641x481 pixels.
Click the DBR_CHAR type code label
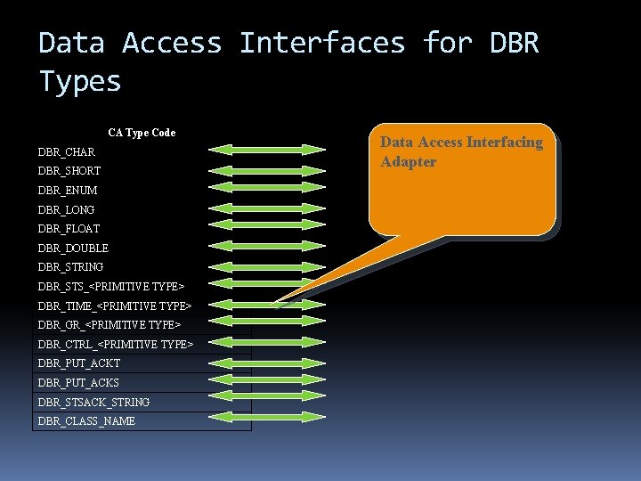(67, 152)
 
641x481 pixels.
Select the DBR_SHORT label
(69, 171)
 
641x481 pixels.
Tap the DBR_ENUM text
(68, 191)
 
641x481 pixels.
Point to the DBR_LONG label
(67, 210)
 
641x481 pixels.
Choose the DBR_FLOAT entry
(69, 229)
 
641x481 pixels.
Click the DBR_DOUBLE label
(73, 249)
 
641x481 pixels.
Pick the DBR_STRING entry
(71, 267)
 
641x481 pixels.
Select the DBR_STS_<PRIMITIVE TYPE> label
(111, 287)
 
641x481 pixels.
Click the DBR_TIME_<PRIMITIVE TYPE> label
(115, 306)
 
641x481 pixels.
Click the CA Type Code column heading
(142, 133)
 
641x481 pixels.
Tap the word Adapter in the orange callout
(409, 162)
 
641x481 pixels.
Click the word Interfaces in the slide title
(321, 43)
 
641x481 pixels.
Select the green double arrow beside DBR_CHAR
(268, 149)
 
